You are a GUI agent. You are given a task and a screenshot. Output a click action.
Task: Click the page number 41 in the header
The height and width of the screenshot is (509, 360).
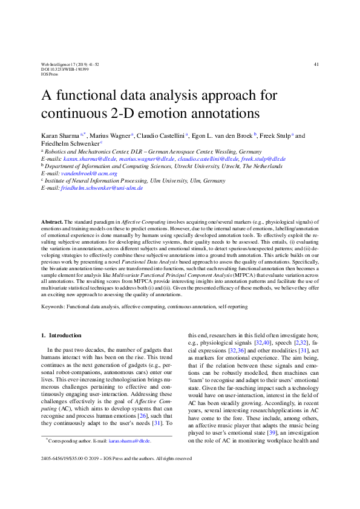[x=316, y=64]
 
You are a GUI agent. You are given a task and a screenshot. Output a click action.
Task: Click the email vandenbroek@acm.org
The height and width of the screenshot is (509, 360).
[x=91, y=173]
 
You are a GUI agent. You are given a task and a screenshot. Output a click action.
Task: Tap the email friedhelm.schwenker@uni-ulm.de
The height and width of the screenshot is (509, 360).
[x=102, y=188]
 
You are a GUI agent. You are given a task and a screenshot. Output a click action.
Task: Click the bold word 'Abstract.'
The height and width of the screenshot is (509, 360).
[x=52, y=224]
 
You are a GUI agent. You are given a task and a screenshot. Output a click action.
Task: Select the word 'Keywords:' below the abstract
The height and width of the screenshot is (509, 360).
[x=53, y=307]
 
